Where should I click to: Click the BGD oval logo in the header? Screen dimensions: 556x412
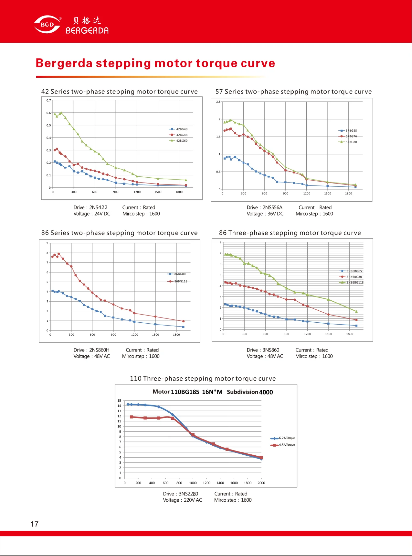click(x=47, y=25)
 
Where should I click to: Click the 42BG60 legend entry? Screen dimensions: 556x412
click(x=178, y=141)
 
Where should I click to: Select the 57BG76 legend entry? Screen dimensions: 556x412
click(x=348, y=136)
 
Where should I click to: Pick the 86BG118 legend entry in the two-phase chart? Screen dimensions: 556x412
click(x=177, y=281)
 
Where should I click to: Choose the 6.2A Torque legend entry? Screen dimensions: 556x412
click(x=283, y=438)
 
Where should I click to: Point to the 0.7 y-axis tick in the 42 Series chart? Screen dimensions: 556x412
click(x=48, y=100)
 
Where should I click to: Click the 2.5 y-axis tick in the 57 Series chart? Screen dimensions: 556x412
click(x=218, y=102)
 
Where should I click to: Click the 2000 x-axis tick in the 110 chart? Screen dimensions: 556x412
click(x=261, y=483)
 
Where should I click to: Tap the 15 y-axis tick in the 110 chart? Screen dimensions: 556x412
click(x=119, y=401)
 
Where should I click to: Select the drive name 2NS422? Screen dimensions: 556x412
click(x=98, y=207)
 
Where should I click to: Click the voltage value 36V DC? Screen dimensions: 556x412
click(x=275, y=214)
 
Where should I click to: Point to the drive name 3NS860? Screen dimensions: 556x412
click(x=271, y=350)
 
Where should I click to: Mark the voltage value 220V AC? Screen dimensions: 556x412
click(x=193, y=500)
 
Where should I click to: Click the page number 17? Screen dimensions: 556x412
click(x=34, y=524)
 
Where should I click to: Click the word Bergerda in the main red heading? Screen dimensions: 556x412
click(x=64, y=63)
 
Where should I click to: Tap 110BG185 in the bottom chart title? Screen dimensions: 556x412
click(x=185, y=392)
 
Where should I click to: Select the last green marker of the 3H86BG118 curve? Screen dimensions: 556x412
click(x=356, y=312)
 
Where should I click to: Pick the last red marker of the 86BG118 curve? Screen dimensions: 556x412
click(x=183, y=321)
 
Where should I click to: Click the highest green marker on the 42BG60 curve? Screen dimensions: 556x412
click(x=61, y=113)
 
